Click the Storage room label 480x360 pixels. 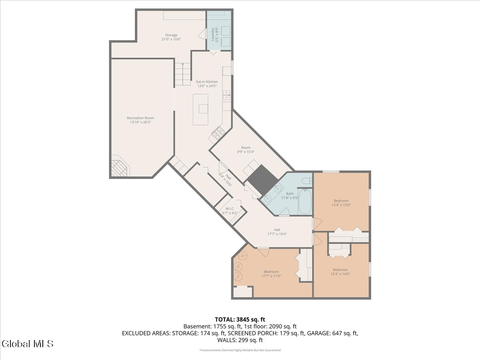(171, 35)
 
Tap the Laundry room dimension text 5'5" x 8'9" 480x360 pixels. (217, 34)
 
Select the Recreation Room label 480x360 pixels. (140, 118)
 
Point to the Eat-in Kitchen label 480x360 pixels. (207, 82)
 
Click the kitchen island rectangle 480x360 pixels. (200, 110)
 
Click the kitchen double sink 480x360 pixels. (226, 95)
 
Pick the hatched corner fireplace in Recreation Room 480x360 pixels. (119, 168)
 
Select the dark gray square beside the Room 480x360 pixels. (262, 180)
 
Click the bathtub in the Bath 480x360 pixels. (305, 202)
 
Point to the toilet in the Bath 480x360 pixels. (307, 181)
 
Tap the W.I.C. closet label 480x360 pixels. (230, 209)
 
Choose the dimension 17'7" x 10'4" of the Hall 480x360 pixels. (277, 234)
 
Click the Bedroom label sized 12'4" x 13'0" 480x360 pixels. (341, 201)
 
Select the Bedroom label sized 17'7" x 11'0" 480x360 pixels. (271, 272)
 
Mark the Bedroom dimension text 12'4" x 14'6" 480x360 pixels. (340, 274)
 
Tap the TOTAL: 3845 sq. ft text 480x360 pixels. (240, 320)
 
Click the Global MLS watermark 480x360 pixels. (28, 344)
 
